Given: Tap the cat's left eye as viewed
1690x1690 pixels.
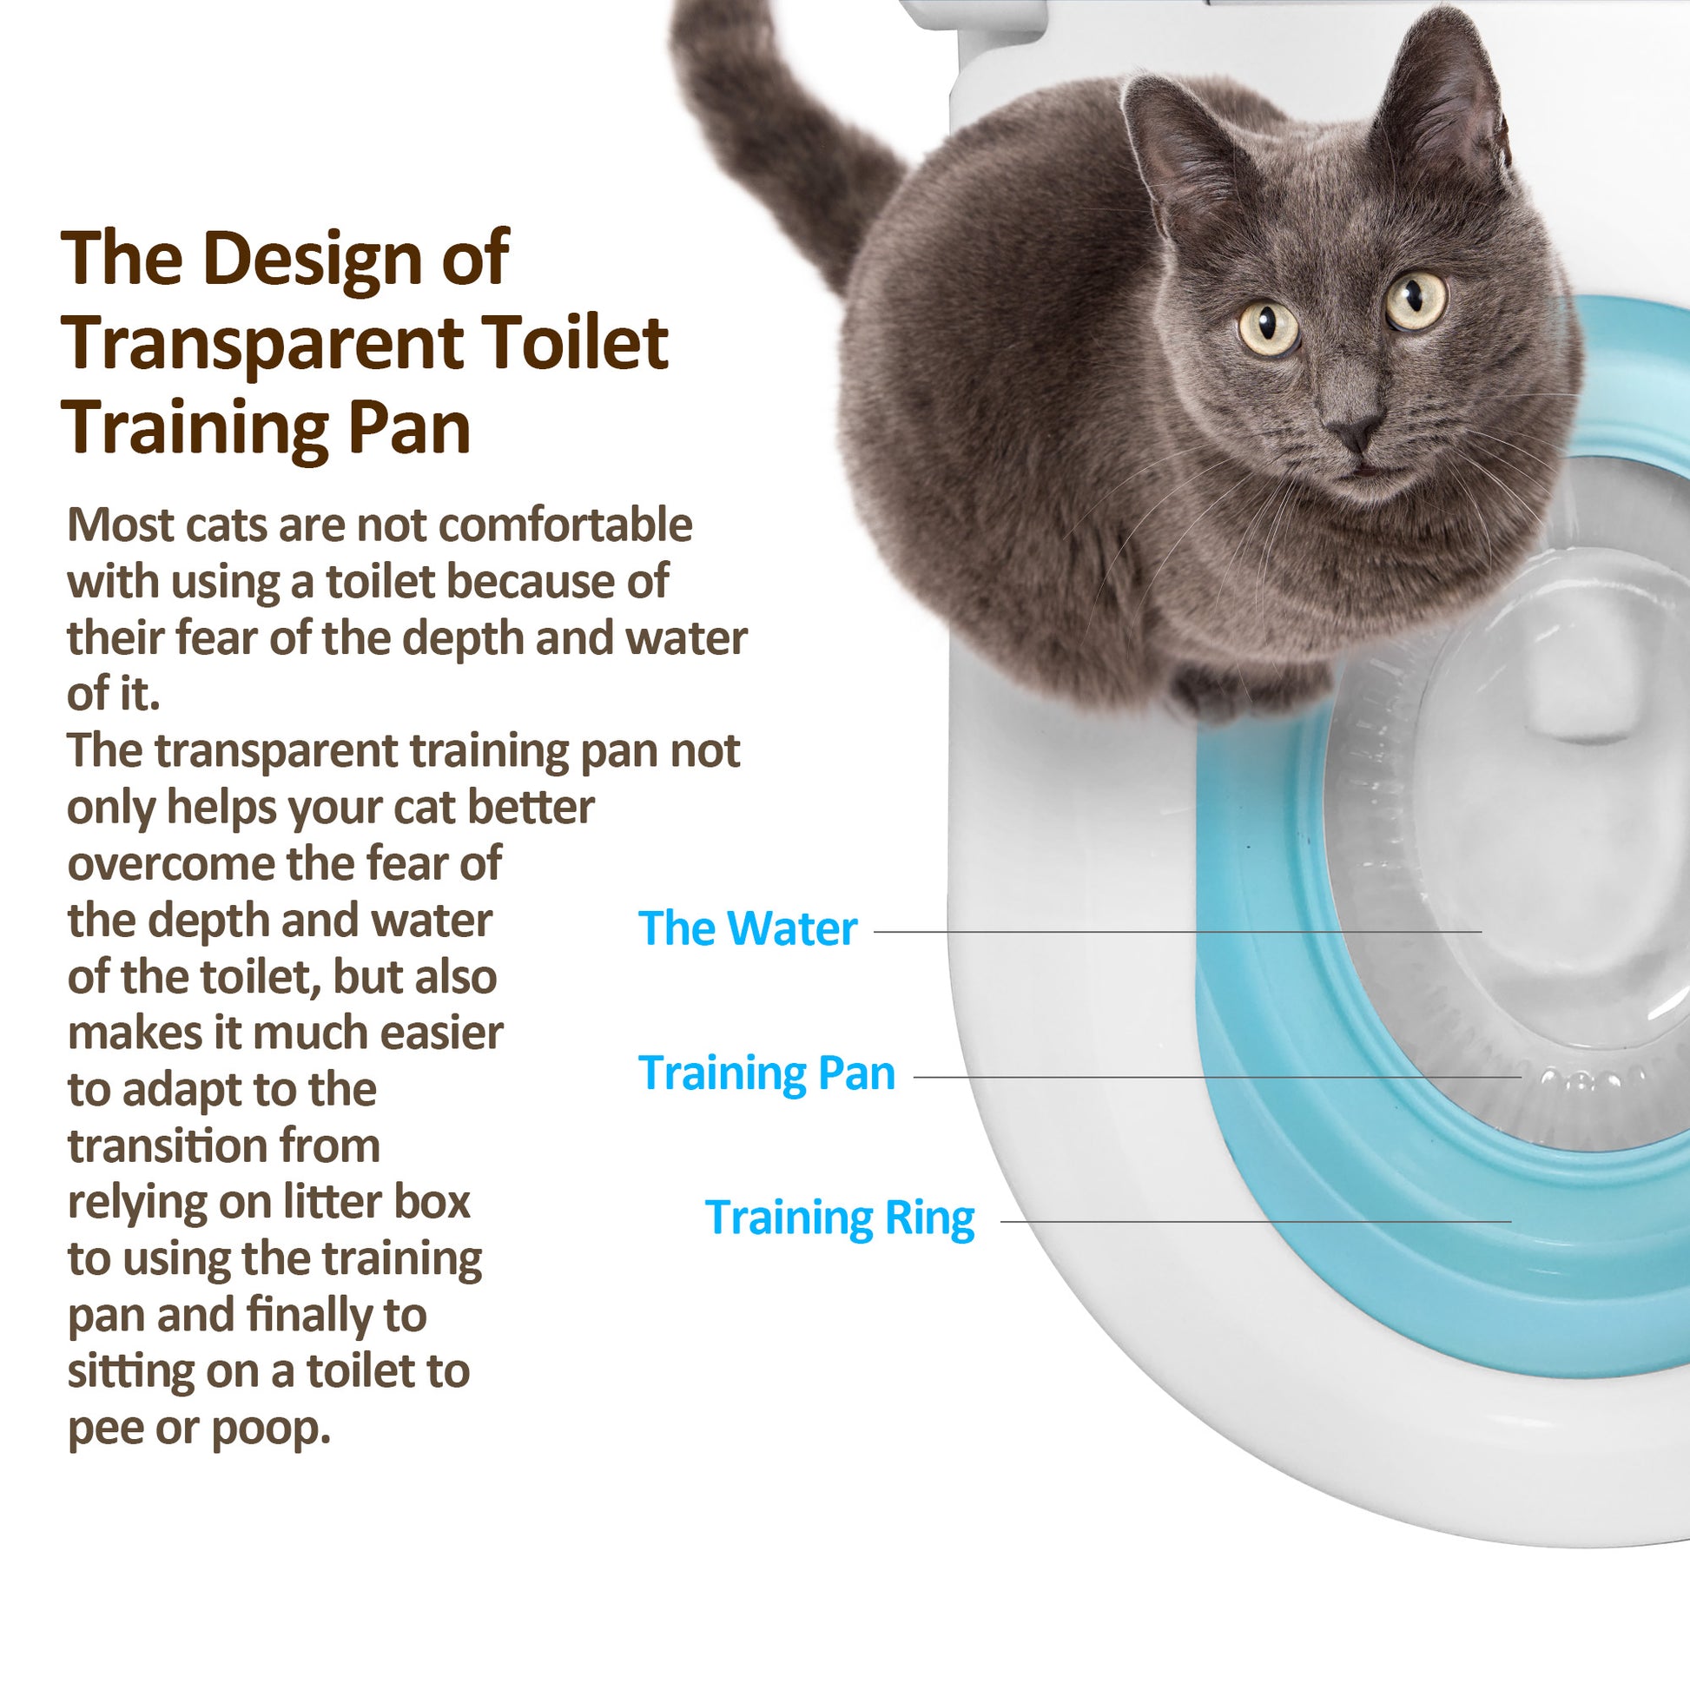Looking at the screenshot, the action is click(x=1269, y=327).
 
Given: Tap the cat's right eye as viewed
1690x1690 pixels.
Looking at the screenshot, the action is click(x=1416, y=300).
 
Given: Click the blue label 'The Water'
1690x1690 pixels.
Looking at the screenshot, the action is click(x=748, y=928).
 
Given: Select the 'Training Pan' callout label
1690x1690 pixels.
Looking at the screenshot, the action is click(x=767, y=1073).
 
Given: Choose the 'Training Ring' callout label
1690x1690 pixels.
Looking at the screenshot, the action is click(x=840, y=1218).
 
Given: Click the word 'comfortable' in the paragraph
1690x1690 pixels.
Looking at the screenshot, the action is click(x=565, y=525).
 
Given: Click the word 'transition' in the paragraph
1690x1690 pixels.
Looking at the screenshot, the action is click(x=224, y=1146).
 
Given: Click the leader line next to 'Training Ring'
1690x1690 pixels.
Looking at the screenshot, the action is click(x=1256, y=1221).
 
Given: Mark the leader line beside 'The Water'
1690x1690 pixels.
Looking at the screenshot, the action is click(x=1178, y=932).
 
